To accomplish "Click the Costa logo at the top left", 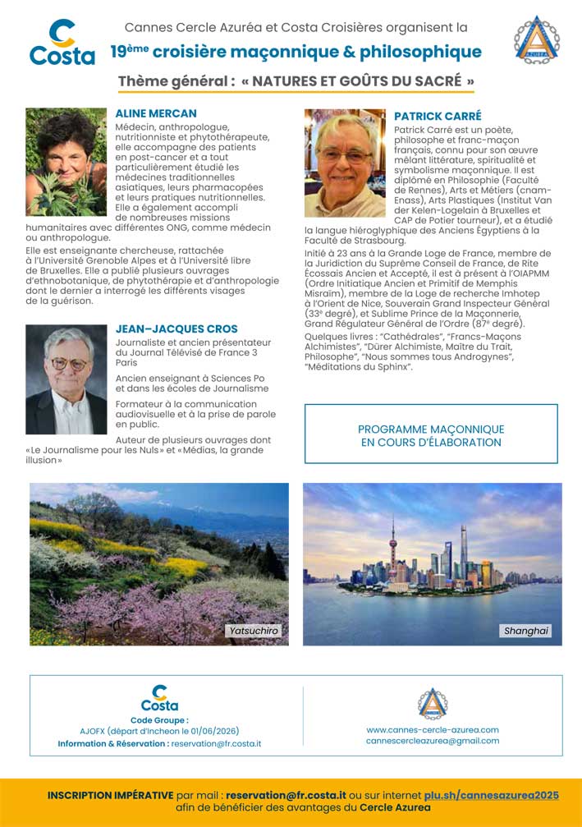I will (x=62, y=43).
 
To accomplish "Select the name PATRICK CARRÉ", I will (x=438, y=116).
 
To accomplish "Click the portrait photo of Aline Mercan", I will (x=66, y=162).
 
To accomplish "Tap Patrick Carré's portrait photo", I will (x=345, y=163).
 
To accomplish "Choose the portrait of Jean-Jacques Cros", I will (x=66, y=379).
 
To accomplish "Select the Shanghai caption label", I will (x=525, y=631).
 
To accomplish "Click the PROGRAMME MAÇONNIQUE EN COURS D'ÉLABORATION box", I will (x=431, y=435).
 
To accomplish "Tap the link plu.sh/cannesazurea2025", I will (x=492, y=795).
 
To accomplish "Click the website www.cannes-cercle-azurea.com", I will (x=433, y=729).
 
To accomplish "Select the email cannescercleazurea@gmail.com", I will (x=433, y=741).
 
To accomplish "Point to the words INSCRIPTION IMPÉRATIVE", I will (x=110, y=795).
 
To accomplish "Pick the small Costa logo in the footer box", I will (x=159, y=699).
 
